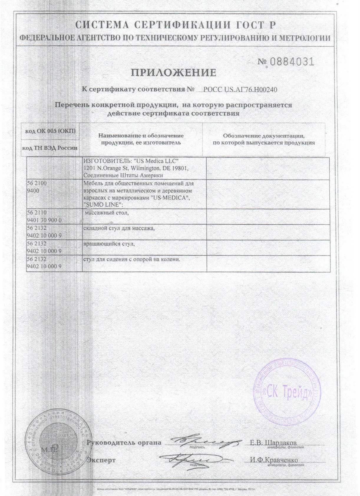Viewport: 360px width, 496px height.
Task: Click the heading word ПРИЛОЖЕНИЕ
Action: click(x=174, y=72)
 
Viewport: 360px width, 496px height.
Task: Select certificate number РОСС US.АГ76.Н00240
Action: click(x=240, y=89)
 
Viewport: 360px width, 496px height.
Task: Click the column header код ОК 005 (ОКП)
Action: click(x=50, y=131)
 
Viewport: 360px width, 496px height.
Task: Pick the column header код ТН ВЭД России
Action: click(x=50, y=148)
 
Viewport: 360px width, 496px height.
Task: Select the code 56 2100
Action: click(x=37, y=183)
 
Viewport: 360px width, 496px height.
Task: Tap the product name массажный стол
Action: click(x=107, y=213)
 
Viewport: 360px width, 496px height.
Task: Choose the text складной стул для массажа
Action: click(x=119, y=228)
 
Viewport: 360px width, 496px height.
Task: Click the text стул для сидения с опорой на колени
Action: click(x=132, y=259)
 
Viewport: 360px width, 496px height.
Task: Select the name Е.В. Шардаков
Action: click(x=273, y=443)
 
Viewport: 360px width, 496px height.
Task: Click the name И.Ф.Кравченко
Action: click(x=274, y=460)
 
